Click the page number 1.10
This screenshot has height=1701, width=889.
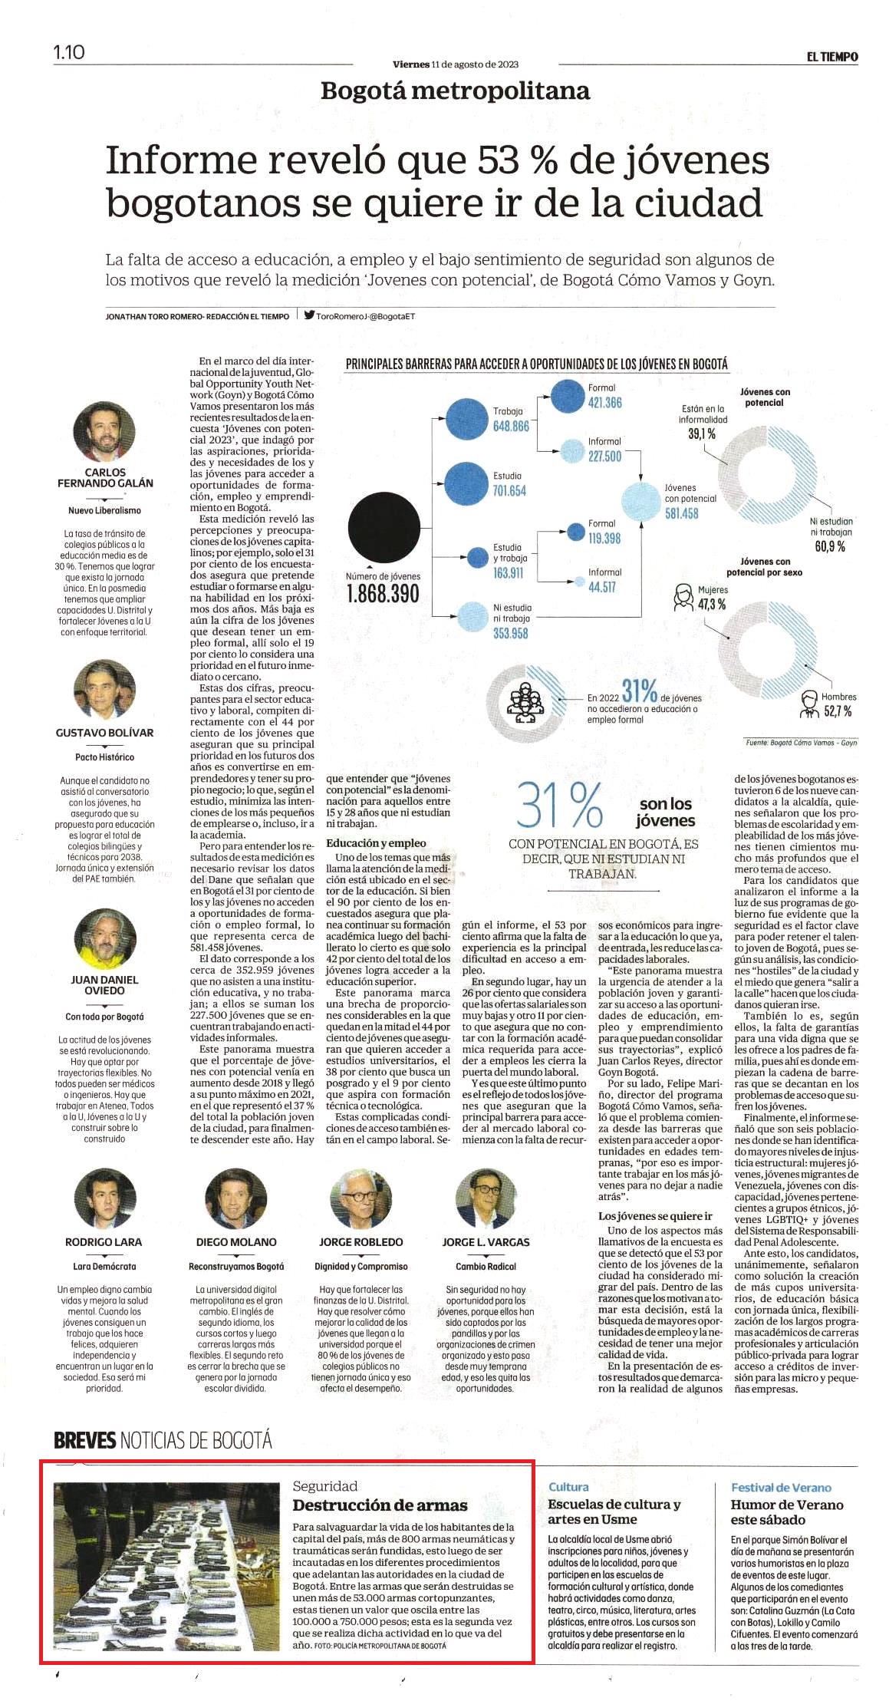tap(69, 52)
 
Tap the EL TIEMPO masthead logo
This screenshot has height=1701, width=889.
tap(831, 57)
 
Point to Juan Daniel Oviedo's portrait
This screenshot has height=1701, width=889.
tap(104, 939)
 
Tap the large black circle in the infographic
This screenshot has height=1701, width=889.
tap(384, 527)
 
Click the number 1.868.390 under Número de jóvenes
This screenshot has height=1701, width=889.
tap(383, 594)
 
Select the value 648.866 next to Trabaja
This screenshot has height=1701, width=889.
tap(511, 426)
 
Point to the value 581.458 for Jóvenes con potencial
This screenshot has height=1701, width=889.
tap(681, 513)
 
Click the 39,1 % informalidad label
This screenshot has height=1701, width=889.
tap(702, 434)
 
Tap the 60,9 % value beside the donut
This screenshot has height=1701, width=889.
tap(830, 546)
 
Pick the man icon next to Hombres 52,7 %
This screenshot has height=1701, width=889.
tap(809, 704)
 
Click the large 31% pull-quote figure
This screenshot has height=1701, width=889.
tap(559, 806)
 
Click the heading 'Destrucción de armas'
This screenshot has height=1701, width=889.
tap(380, 1505)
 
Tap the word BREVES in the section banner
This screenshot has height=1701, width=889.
tap(84, 1440)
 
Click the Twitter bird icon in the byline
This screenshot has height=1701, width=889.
tap(309, 314)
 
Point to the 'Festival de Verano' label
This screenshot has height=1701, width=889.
tap(781, 1488)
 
